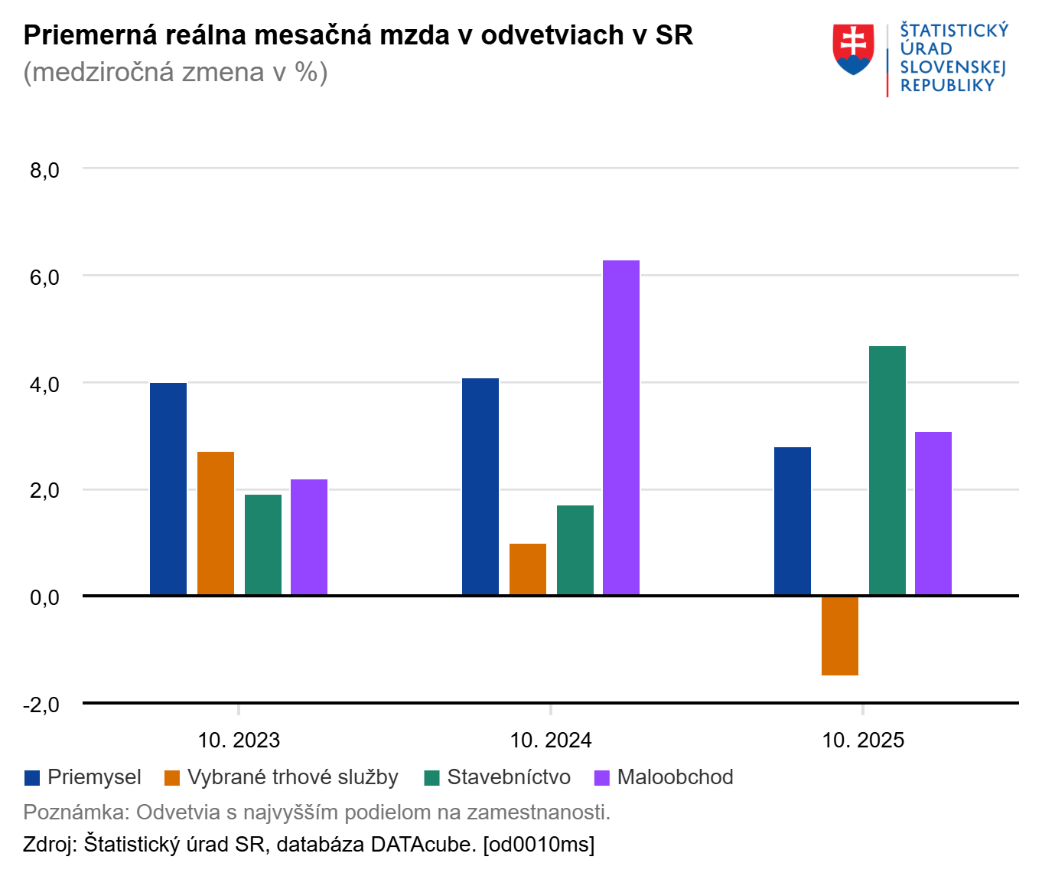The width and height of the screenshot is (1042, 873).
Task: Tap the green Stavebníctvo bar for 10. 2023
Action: pyautogui.click(x=263, y=544)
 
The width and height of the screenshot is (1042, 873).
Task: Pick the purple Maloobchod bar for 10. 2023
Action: pyautogui.click(x=309, y=537)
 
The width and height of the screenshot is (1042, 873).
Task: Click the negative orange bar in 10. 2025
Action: pyautogui.click(x=840, y=636)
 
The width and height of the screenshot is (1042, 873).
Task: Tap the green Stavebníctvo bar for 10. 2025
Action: pyautogui.click(x=887, y=470)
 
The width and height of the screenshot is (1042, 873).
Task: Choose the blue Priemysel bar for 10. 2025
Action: pyautogui.click(x=793, y=521)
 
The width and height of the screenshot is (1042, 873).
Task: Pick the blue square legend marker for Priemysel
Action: pyautogui.click(x=32, y=778)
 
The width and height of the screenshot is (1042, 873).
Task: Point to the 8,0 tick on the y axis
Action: pyautogui.click(x=44, y=170)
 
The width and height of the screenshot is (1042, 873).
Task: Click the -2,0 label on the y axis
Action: pyautogui.click(x=41, y=705)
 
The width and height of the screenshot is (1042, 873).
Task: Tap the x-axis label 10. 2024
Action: pyautogui.click(x=551, y=741)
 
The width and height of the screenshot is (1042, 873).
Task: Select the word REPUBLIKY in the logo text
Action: pyautogui.click(x=947, y=86)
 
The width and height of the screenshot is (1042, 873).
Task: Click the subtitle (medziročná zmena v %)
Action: pyautogui.click(x=176, y=72)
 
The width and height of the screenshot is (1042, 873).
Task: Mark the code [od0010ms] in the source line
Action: pyautogui.click(x=539, y=845)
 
